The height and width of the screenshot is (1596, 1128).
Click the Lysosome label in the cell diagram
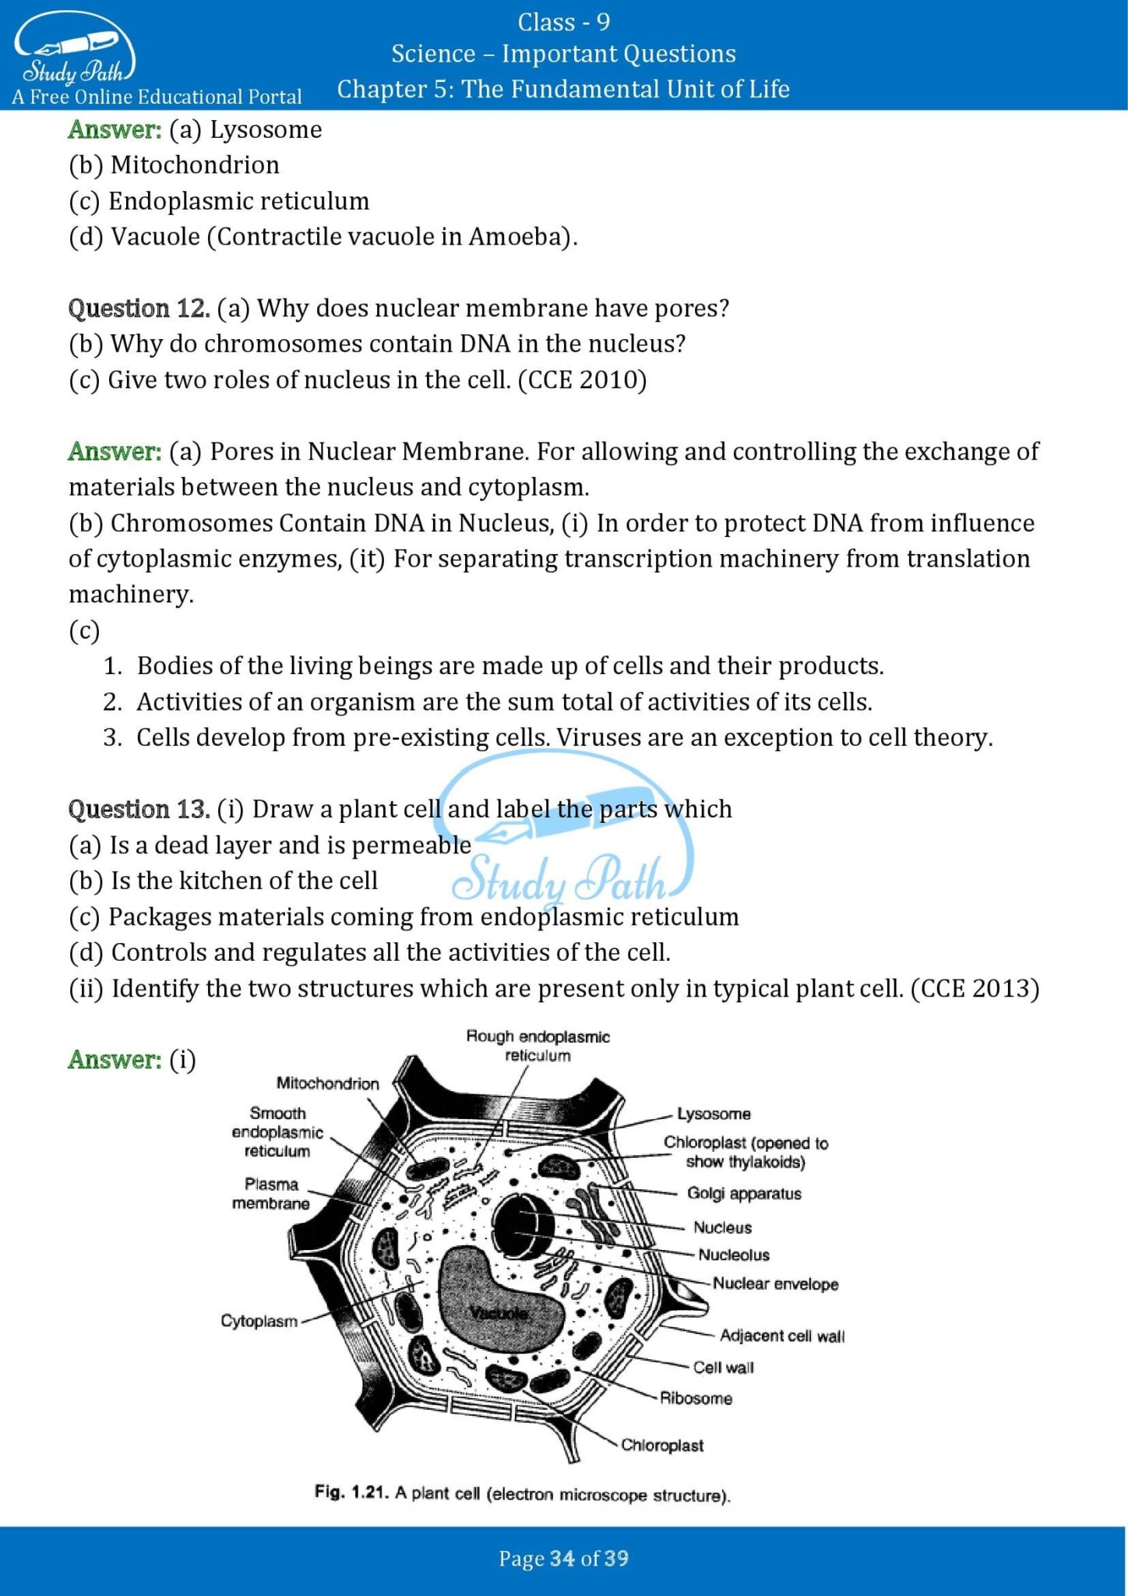pyautogui.click(x=713, y=1114)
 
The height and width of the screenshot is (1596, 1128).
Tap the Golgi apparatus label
pyautogui.click(x=743, y=1193)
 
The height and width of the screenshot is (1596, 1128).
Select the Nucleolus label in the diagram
pyautogui.click(x=733, y=1255)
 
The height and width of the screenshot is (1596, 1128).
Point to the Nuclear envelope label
pyautogui.click(x=775, y=1284)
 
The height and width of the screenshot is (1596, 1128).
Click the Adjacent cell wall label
pyautogui.click(x=781, y=1336)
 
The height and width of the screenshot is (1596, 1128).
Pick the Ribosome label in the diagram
pyautogui.click(x=696, y=1398)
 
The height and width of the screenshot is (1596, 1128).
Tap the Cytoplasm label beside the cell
pyautogui.click(x=259, y=1321)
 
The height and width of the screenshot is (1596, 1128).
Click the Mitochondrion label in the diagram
pyautogui.click(x=327, y=1083)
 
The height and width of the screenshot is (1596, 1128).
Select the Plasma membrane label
pyautogui.click(x=270, y=1194)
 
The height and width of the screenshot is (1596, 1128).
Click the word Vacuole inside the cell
pyautogui.click(x=499, y=1313)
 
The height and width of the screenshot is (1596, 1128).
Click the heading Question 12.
pyautogui.click(x=139, y=309)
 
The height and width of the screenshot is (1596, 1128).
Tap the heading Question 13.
pyautogui.click(x=139, y=810)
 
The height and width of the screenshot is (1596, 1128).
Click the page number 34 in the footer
pyautogui.click(x=562, y=1559)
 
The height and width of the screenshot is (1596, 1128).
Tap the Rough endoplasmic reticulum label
pyautogui.click(x=538, y=1046)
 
